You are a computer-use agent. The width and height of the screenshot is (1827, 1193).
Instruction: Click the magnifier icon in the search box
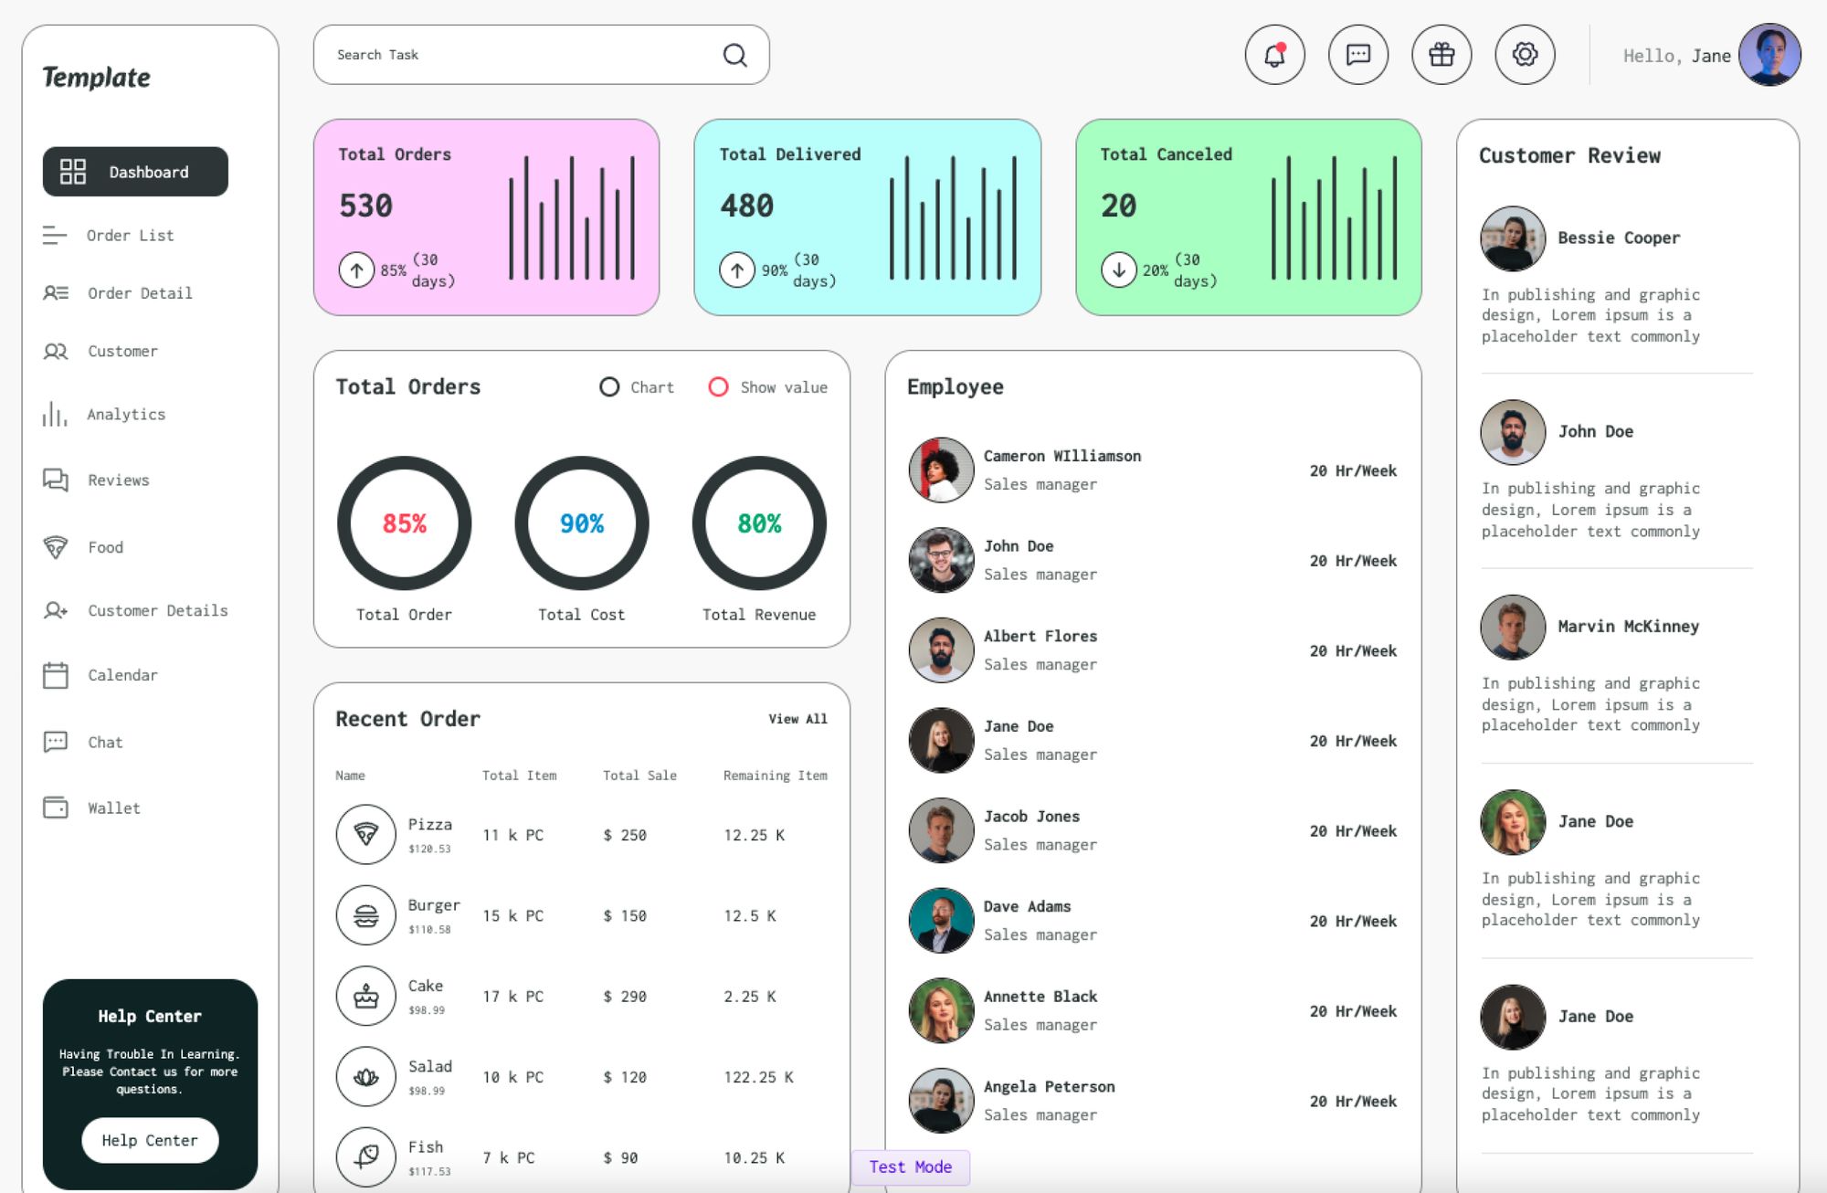click(x=734, y=56)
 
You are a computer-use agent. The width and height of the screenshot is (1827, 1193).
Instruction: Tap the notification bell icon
click(x=1274, y=56)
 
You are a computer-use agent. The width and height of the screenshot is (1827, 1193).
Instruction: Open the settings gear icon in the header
click(x=1525, y=56)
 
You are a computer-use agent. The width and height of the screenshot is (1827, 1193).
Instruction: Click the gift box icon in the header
click(x=1442, y=56)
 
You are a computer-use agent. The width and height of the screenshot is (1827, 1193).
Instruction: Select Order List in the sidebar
click(x=130, y=236)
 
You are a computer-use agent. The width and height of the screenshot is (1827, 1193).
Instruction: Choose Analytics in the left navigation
click(x=126, y=415)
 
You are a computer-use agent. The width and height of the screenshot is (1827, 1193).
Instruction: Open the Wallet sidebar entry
click(x=113, y=808)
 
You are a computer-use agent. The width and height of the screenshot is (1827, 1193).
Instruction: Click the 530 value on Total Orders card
click(x=365, y=206)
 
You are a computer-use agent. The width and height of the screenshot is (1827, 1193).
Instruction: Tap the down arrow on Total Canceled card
click(x=1118, y=269)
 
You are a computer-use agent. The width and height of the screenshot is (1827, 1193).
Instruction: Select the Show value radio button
click(x=719, y=387)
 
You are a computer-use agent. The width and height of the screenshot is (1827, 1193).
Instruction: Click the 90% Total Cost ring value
click(x=581, y=523)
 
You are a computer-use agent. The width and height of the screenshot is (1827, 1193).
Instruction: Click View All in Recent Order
click(x=797, y=719)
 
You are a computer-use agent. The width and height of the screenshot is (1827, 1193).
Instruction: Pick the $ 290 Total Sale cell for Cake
click(x=625, y=997)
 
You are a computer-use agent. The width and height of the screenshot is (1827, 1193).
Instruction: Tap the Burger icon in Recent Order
click(x=366, y=915)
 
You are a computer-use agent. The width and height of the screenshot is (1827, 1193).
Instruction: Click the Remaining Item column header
click(x=775, y=776)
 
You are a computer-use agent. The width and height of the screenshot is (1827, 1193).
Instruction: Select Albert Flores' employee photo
click(x=941, y=650)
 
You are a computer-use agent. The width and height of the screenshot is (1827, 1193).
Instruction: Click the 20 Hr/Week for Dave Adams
click(x=1352, y=921)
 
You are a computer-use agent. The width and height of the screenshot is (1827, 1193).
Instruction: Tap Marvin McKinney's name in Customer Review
click(x=1628, y=627)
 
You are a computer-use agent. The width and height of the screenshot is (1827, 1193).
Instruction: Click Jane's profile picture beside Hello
click(x=1769, y=55)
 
